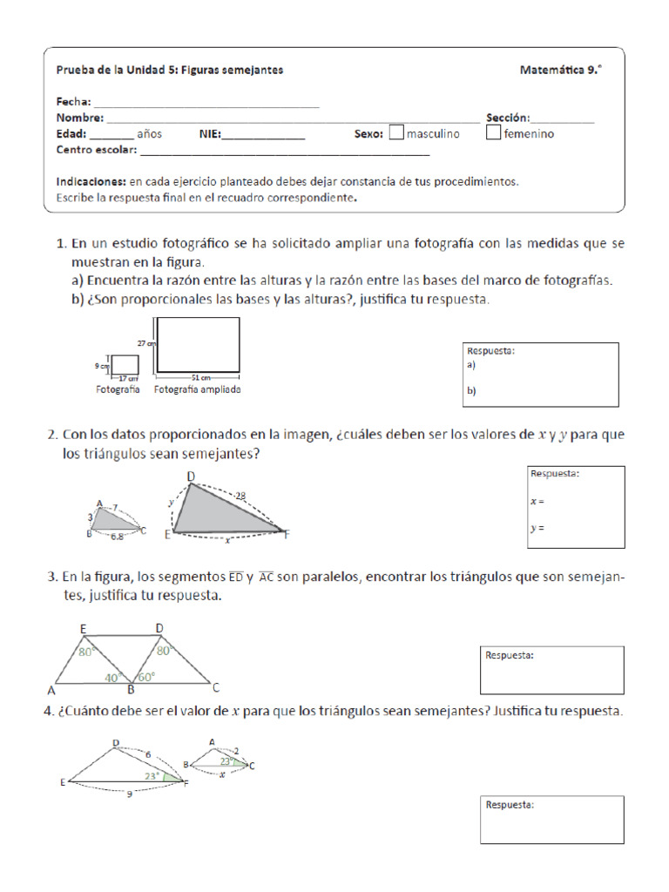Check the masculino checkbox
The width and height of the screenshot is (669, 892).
coord(396,134)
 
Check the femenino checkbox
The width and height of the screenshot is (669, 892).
coord(493,134)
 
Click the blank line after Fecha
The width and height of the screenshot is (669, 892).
coord(206,102)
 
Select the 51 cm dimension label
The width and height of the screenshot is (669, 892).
coord(201,378)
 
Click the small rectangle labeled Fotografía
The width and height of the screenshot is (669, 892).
coord(125,364)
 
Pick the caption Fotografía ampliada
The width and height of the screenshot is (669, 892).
coord(198,390)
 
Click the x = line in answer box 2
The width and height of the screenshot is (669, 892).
coord(537,502)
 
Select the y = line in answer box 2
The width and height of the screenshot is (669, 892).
coord(537,528)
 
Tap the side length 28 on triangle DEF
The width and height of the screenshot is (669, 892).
coord(240,496)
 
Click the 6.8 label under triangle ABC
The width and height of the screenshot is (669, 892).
coord(116,538)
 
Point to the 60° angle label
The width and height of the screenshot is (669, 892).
coord(145,677)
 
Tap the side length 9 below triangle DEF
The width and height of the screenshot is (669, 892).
coord(129,794)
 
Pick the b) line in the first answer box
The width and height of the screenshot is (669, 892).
coord(471,392)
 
